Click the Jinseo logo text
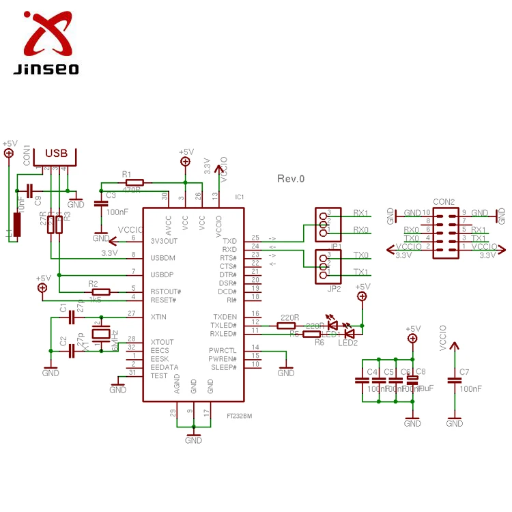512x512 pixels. pyautogui.click(x=45, y=69)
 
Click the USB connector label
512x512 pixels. pyautogui.click(x=56, y=154)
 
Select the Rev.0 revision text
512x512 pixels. pyautogui.click(x=291, y=179)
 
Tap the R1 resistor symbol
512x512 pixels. pyautogui.click(x=133, y=182)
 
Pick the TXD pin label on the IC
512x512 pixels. pyautogui.click(x=229, y=241)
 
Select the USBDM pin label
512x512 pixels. pyautogui.click(x=163, y=257)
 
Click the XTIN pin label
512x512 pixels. pyautogui.click(x=158, y=317)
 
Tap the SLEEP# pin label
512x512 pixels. pyautogui.click(x=223, y=367)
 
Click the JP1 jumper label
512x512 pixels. pyautogui.click(x=335, y=246)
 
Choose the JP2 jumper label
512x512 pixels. pyautogui.click(x=334, y=289)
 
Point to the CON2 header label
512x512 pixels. pyautogui.click(x=444, y=202)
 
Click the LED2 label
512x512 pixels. pyautogui.click(x=347, y=343)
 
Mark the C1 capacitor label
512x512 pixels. pyautogui.click(x=63, y=309)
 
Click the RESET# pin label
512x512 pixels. pyautogui.click(x=163, y=300)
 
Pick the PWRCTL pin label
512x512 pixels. pyautogui.click(x=223, y=350)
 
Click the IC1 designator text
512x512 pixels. pyautogui.click(x=239, y=197)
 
